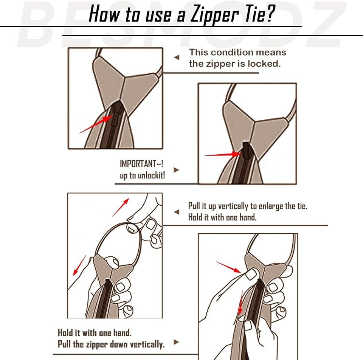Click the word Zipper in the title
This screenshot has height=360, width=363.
coord(214,15)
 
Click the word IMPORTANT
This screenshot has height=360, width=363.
coord(138,164)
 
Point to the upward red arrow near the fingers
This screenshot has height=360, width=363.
coord(121,207)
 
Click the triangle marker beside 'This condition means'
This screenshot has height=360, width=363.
coord(177,57)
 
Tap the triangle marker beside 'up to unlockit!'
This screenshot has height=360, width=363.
coord(177,170)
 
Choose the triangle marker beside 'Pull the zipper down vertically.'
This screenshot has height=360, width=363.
coord(177,342)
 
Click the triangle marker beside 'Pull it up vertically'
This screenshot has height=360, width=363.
coord(177,212)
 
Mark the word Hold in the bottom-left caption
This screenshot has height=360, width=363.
coord(65,333)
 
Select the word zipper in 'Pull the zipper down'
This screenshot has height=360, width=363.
coord(97,344)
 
